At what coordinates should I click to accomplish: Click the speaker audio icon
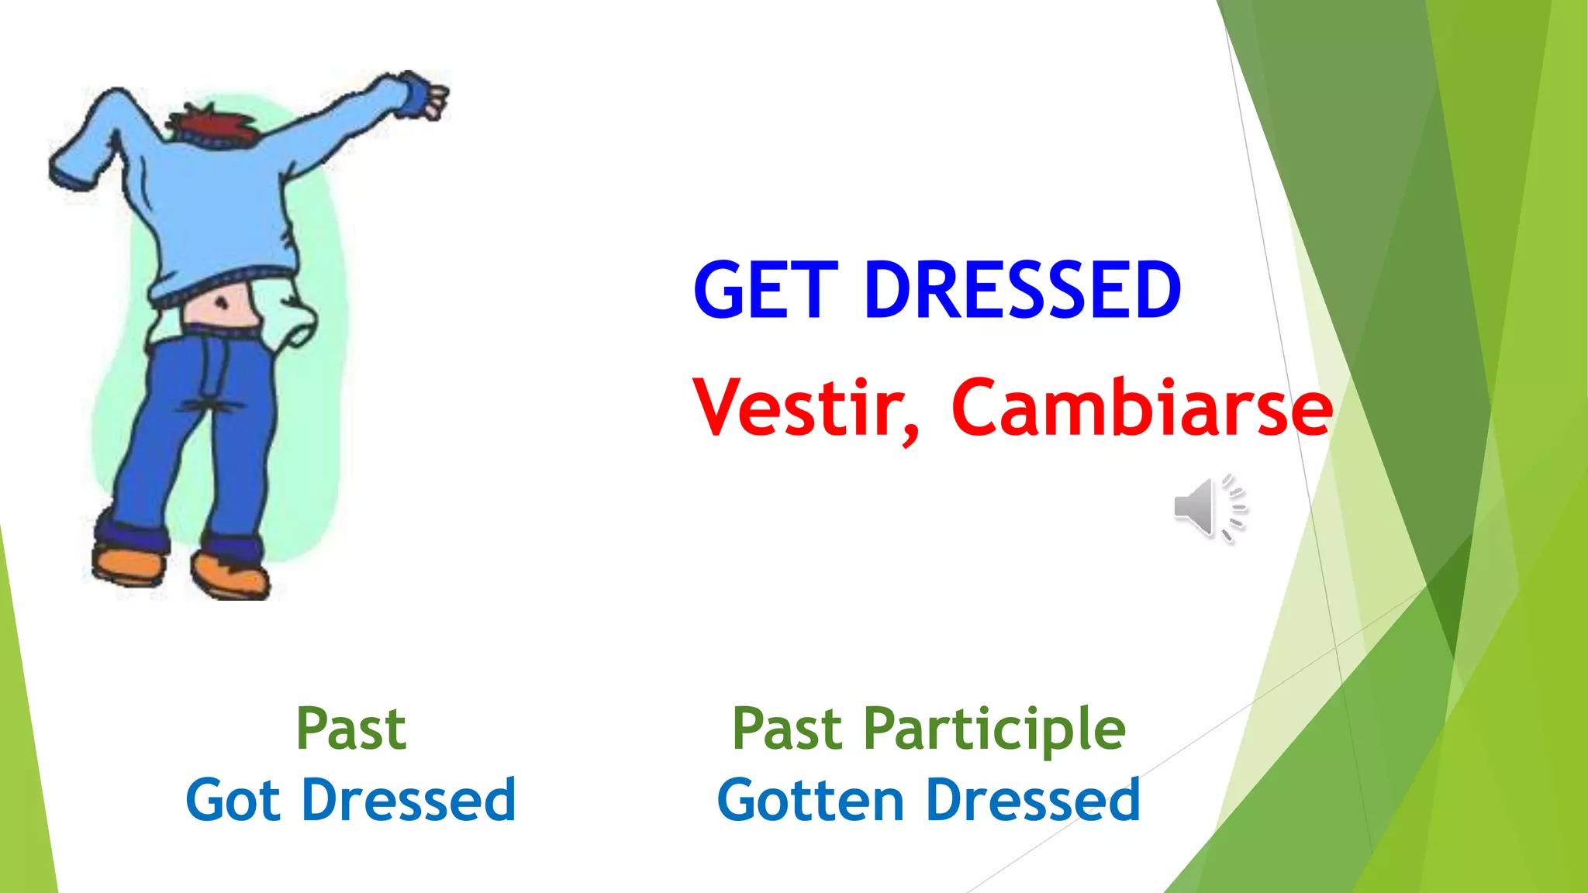(x=1209, y=509)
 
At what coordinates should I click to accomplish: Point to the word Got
(x=233, y=800)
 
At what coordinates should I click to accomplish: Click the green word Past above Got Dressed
(x=350, y=729)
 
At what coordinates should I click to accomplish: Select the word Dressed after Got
(x=409, y=800)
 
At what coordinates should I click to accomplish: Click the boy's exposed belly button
(x=223, y=302)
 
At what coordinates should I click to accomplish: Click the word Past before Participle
(x=787, y=729)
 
